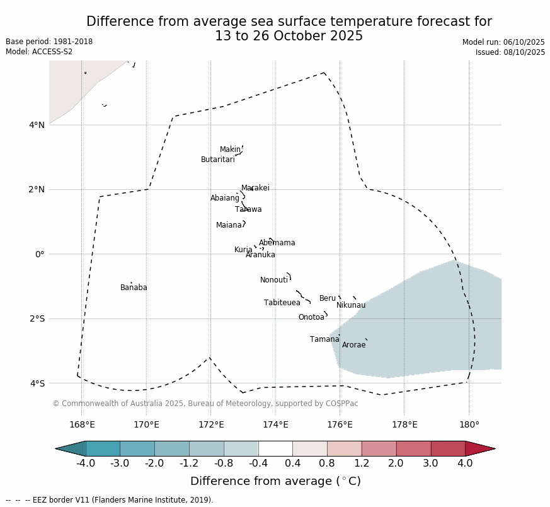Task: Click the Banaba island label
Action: coord(134,288)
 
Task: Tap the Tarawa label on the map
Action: coord(248,209)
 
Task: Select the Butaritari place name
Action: coord(217,160)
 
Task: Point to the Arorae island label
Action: coord(353,345)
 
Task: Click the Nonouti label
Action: coord(274,280)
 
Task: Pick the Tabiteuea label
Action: coord(282,303)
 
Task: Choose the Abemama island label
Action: coord(277,243)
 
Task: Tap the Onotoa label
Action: coord(311,317)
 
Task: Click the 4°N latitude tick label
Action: coord(37,125)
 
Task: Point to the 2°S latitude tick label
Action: coord(37,318)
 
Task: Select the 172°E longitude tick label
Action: coord(211,424)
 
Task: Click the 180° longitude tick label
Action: coord(469,424)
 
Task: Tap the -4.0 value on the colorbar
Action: coord(86,463)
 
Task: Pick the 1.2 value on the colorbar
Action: coord(362,463)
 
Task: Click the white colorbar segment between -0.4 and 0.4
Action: coord(275,448)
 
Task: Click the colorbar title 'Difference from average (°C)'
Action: coord(275,481)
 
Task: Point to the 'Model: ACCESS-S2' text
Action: coord(39,52)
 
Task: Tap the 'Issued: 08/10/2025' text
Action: coord(510,52)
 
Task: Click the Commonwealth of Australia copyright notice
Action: coord(205,404)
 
